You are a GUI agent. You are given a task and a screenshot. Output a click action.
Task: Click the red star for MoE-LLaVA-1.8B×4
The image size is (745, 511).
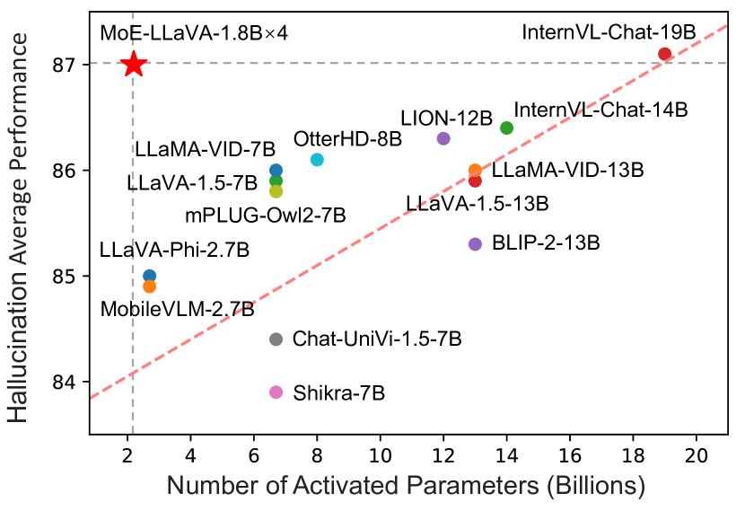click(x=133, y=65)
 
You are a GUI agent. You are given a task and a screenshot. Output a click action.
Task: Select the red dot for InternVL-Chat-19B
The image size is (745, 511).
click(x=664, y=54)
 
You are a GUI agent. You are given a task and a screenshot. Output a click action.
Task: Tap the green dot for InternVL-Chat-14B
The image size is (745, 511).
click(x=506, y=128)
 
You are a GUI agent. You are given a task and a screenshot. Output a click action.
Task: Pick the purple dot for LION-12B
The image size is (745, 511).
click(x=443, y=138)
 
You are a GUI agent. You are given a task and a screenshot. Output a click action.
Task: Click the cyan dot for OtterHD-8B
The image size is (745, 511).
click(x=317, y=160)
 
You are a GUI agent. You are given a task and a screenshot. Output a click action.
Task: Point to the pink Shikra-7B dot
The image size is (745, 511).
click(x=276, y=392)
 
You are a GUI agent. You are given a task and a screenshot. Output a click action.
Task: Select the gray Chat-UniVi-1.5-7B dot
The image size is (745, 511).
click(x=276, y=339)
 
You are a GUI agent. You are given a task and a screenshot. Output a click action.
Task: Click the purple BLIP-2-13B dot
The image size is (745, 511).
click(x=475, y=244)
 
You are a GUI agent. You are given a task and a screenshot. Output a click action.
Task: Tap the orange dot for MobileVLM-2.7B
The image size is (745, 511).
click(x=149, y=286)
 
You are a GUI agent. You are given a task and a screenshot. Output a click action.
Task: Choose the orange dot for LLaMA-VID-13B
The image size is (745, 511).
click(x=475, y=170)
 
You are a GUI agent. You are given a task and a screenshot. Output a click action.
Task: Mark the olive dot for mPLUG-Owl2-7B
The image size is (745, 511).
click(x=276, y=191)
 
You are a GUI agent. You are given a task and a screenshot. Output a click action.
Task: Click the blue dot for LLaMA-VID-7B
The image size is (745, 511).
click(x=276, y=170)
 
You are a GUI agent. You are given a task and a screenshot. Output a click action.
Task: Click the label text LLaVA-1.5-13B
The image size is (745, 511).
click(x=477, y=204)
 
